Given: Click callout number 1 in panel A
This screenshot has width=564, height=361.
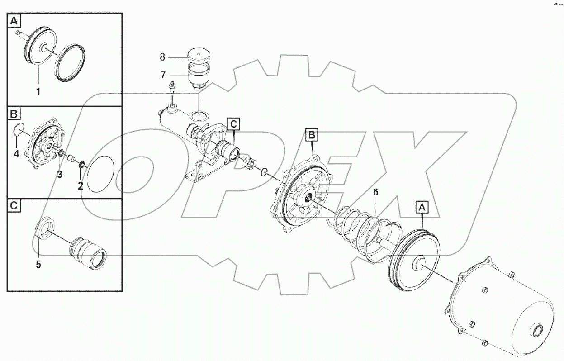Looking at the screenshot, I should pyautogui.click(x=38, y=91).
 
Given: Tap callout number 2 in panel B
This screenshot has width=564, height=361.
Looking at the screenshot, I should pyautogui.click(x=81, y=185).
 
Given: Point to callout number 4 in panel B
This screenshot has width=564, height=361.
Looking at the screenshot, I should pyautogui.click(x=16, y=154).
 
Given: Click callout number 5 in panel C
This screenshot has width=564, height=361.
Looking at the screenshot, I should pyautogui.click(x=38, y=265).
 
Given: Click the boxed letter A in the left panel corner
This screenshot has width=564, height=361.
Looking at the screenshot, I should pyautogui.click(x=14, y=21).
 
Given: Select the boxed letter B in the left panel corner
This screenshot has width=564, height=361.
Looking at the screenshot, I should pyautogui.click(x=14, y=113).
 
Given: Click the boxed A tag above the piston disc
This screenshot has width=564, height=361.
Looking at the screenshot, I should pyautogui.click(x=422, y=208).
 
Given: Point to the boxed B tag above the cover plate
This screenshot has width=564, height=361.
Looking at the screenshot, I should pyautogui.click(x=312, y=134).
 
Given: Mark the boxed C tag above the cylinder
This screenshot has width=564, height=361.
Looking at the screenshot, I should pyautogui.click(x=233, y=123).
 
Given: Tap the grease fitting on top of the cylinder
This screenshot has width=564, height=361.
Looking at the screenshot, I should pyautogui.click(x=172, y=88).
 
